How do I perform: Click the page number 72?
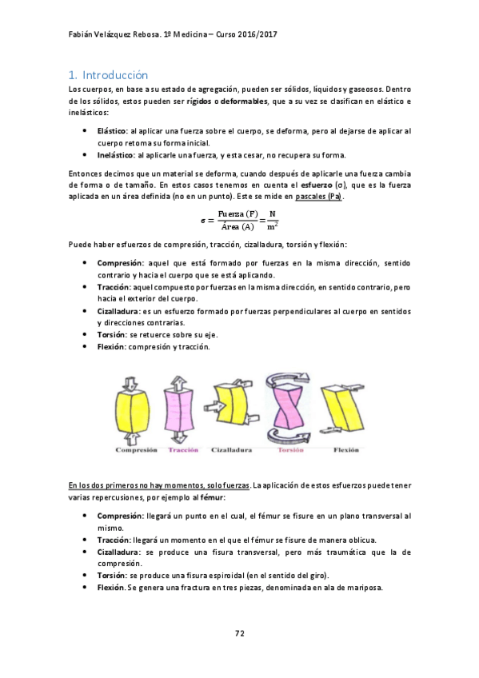pos(239,633)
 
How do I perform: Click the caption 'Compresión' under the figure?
pos(134,450)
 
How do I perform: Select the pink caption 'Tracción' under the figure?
pos(183,450)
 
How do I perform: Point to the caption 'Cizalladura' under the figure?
pos(232,450)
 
